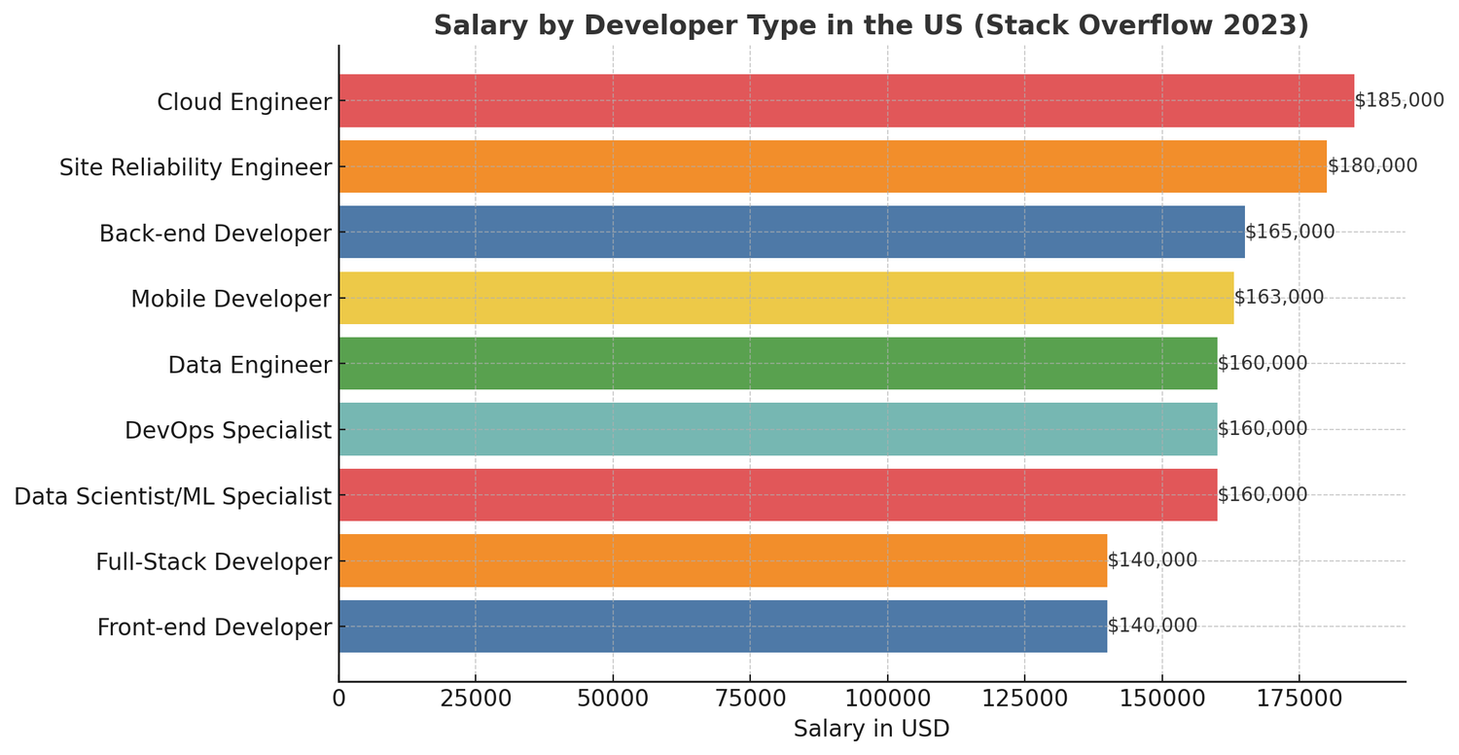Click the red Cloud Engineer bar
pos(846,101)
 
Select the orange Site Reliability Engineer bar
pos(833,166)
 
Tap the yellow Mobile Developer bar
pos(786,298)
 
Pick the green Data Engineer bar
pos(778,364)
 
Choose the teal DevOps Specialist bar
pos(778,429)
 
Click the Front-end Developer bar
pos(723,627)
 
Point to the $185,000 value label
pos(1399,100)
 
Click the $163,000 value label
pos(1278,298)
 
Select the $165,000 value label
pos(1290,233)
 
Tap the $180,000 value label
pos(1371,166)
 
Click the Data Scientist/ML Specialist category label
pos(173,496)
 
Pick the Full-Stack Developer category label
pos(214,562)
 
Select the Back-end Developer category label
pos(216,234)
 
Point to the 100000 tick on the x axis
pos(887,699)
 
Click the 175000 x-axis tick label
pos(1299,699)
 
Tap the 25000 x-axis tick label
pos(476,699)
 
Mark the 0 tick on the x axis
pos(338,699)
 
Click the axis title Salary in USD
pos(872,729)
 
